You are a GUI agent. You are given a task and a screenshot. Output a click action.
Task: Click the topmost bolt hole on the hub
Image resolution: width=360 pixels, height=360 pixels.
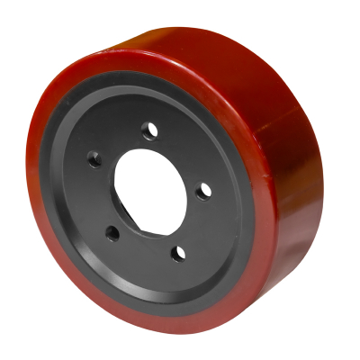(x=149, y=131)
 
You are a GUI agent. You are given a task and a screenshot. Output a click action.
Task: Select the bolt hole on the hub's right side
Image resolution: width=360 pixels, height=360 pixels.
(x=203, y=190)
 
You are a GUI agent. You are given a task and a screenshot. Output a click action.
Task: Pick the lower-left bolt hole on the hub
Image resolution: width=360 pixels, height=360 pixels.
(x=112, y=233)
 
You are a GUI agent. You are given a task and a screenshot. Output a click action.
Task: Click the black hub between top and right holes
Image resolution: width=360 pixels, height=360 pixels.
(x=184, y=153)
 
